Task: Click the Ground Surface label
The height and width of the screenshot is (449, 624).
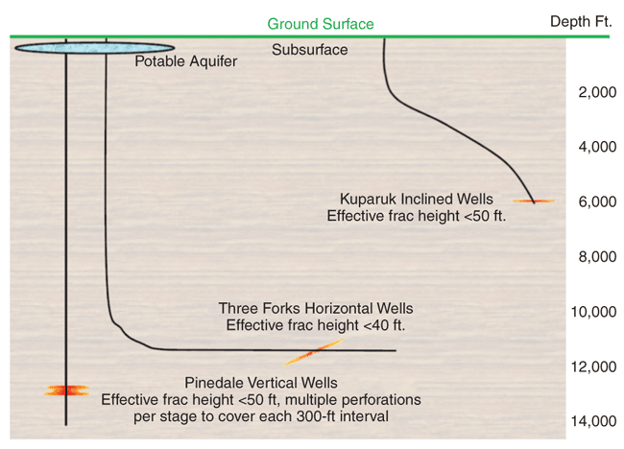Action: (321, 24)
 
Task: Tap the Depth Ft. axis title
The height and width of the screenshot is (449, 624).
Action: (582, 22)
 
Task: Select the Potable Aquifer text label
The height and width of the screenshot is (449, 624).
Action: (185, 62)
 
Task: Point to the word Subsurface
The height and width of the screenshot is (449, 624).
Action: (310, 50)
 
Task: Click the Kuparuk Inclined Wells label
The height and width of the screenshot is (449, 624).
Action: (416, 199)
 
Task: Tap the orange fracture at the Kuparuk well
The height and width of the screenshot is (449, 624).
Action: (533, 201)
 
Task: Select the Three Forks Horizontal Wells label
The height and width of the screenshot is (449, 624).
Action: (316, 308)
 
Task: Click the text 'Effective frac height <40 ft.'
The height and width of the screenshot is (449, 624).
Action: (316, 325)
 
